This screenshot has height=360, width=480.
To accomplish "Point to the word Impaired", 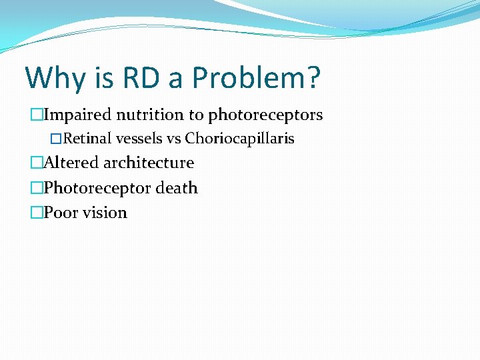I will [x=72, y=115].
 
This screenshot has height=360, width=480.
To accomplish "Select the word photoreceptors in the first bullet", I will [x=265, y=115].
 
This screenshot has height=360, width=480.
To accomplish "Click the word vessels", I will [x=139, y=139].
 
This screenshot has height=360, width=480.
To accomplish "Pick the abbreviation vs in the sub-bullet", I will [x=173, y=139].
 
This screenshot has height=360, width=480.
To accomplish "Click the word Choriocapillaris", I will [x=239, y=139].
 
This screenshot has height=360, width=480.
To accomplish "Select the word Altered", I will [x=70, y=163].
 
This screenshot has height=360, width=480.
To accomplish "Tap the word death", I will [x=177, y=188].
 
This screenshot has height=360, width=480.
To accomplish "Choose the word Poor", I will [x=59, y=213].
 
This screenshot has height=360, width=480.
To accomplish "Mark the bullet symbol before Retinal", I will [x=56, y=139].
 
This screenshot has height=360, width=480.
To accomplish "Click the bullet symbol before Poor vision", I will [x=36, y=213].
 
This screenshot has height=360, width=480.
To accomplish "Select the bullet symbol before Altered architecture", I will [x=36, y=163].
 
